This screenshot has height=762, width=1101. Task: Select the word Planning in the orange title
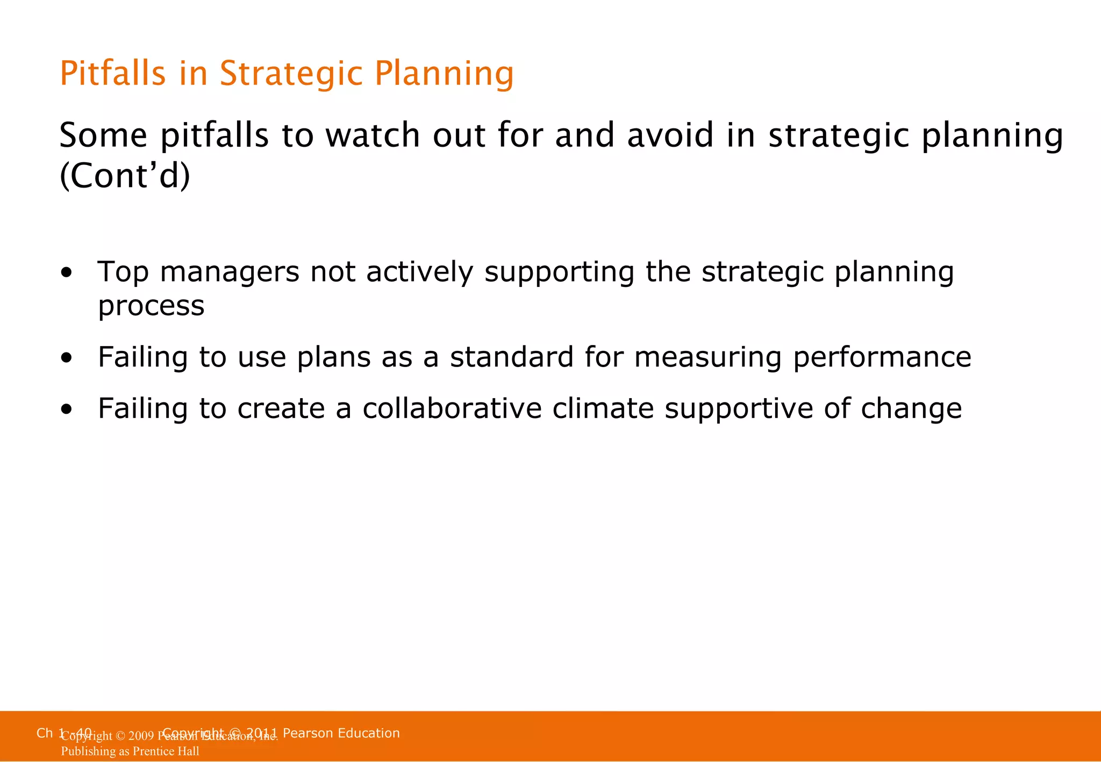pos(444,74)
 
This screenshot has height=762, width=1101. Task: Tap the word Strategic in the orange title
pos(291,74)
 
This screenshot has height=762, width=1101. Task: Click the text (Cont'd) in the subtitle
pos(125,176)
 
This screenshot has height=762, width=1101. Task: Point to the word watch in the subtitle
pos(373,135)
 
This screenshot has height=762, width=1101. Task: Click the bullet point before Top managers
pos(66,273)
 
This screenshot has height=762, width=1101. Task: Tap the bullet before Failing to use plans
pos(66,358)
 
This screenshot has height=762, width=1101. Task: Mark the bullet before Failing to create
pos(66,409)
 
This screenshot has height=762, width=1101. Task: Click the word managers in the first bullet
pos(230,272)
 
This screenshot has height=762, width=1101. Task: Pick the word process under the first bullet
pos(151,306)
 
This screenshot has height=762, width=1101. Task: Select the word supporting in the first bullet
pos(559,272)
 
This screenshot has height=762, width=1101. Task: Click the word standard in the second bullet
pos(511,357)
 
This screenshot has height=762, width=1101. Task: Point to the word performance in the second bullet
pos(882,357)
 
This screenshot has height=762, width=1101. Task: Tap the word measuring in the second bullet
pos(707,357)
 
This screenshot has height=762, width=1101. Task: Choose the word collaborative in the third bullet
pos(452,408)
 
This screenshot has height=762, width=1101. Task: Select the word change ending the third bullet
pos(911,408)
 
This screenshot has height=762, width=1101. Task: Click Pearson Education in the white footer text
pos(341,733)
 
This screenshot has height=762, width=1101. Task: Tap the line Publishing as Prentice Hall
pos(130,751)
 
